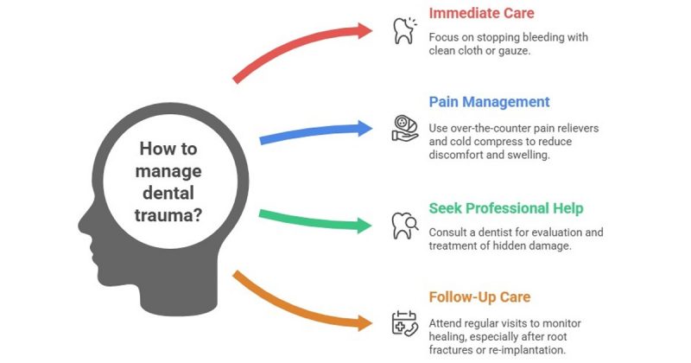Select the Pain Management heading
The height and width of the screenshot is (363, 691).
tap(489, 102)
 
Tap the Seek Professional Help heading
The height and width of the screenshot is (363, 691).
tap(506, 208)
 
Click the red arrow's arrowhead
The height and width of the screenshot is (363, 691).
tap(362, 30)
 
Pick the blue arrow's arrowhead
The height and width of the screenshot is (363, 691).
tap(362, 129)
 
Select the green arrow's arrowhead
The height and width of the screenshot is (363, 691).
tap(362, 226)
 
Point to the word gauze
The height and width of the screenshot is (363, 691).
tap(512, 51)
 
